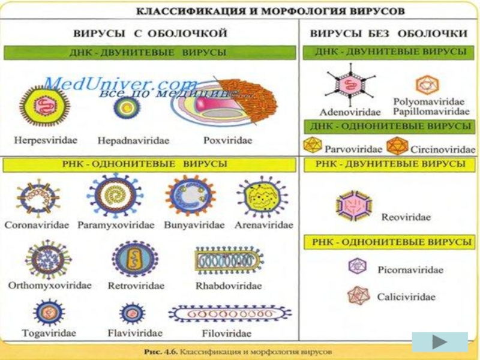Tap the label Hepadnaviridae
[x=133, y=140]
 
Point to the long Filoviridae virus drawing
[x=230, y=313]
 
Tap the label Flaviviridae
[x=134, y=332]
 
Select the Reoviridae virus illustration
[x=353, y=206]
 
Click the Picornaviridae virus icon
[x=358, y=266]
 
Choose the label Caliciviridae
[x=406, y=296]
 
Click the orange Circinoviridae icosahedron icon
[x=397, y=145]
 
